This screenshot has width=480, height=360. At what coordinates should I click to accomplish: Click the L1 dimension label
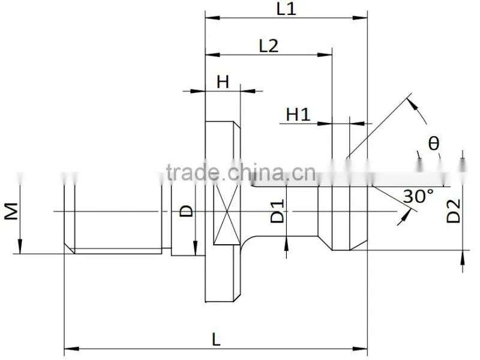(286, 8)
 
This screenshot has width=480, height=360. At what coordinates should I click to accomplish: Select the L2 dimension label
(268, 46)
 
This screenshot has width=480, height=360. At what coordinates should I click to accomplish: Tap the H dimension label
(223, 82)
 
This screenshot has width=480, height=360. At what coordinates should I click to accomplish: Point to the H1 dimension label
(298, 115)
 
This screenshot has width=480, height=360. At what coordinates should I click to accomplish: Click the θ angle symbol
(433, 143)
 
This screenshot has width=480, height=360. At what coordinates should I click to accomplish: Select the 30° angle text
(418, 196)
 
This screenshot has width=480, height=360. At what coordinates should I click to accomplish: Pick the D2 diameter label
(454, 211)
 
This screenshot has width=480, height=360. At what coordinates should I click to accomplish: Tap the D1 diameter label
(278, 211)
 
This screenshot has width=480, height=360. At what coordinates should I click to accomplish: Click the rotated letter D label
(186, 211)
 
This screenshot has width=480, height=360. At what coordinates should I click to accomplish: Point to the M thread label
(11, 211)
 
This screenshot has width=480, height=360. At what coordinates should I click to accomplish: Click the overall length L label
(216, 340)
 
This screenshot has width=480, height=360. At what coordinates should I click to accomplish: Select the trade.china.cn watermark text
(241, 173)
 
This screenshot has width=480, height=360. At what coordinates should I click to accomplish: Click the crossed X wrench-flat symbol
(227, 215)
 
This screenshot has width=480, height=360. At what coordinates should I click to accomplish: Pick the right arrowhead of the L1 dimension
(360, 18)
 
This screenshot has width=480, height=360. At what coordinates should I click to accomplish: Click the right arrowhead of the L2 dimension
(325, 55)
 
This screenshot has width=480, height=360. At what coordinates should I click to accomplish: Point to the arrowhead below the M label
(20, 247)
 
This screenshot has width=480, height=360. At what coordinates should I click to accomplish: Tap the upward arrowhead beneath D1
(286, 244)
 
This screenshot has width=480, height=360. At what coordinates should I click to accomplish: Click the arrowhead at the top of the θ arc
(413, 103)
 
